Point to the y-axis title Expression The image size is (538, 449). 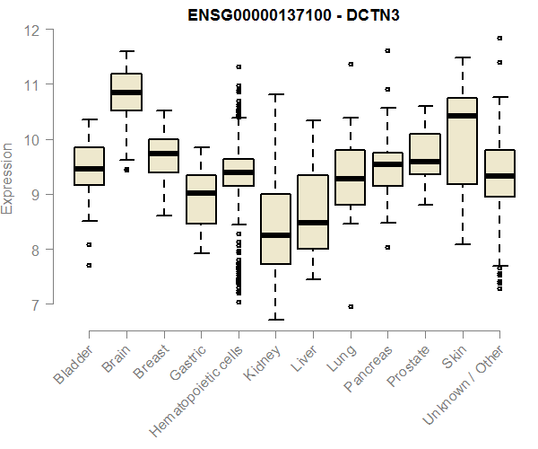pos(8,177)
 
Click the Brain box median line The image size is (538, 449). pos(126,92)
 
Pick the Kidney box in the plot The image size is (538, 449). pos(275,229)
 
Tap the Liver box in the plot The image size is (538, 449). pos(313,212)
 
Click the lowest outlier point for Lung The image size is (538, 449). pos(351,306)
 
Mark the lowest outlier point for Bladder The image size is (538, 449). pos(89,265)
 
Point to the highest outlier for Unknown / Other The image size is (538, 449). pos(499,39)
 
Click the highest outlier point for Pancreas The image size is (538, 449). pos(387,51)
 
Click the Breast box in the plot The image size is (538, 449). pos(163,156)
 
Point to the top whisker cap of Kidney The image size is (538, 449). pos(275,93)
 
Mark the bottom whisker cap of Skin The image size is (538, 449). pos(462,243)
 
